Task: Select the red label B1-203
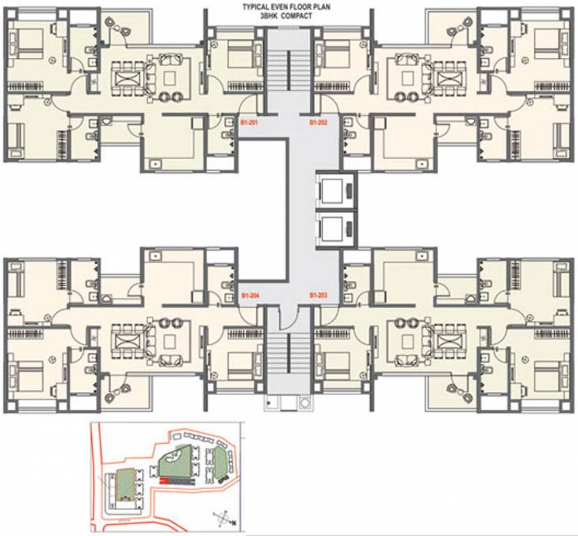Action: tap(319, 296)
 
